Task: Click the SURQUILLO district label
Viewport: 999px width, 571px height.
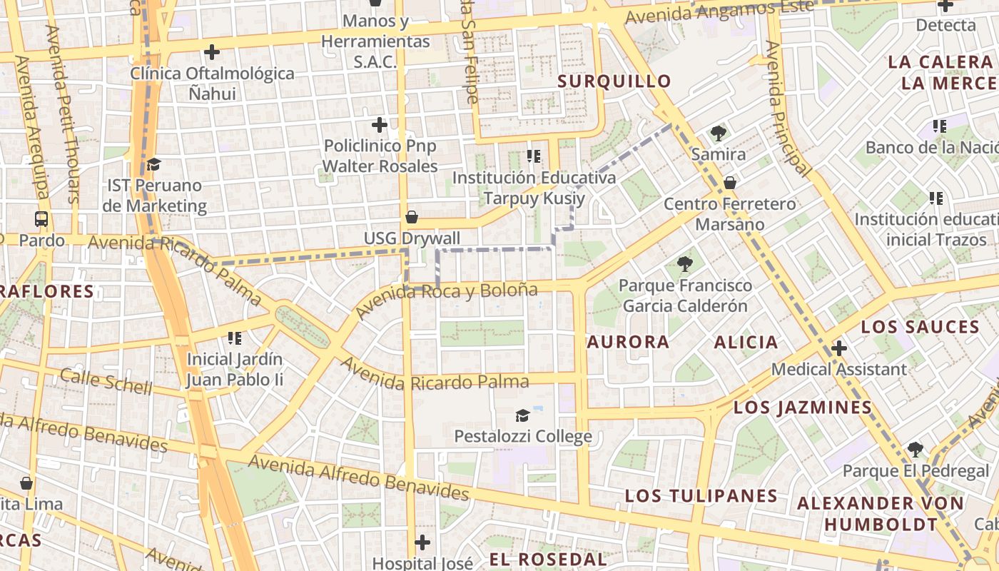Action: [614, 81]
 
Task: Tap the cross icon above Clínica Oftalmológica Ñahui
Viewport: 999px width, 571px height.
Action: [212, 52]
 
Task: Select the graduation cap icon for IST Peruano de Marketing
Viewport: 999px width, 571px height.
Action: [153, 165]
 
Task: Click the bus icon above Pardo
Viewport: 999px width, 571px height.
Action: [41, 219]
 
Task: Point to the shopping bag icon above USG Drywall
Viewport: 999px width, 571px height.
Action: [412, 217]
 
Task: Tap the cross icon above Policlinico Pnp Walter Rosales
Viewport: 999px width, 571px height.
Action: [380, 125]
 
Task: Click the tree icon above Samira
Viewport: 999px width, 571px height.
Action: [719, 133]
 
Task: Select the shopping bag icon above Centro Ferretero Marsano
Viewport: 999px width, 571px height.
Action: [729, 183]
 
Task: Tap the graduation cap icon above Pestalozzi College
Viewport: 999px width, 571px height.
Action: [523, 415]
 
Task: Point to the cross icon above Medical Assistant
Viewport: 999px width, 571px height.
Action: [839, 348]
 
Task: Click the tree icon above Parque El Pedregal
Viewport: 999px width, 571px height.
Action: [916, 450]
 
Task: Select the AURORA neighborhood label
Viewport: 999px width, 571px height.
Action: [628, 342]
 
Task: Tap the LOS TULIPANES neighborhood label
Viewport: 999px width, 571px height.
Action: [701, 496]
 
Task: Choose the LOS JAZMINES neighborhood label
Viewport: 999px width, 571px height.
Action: [803, 408]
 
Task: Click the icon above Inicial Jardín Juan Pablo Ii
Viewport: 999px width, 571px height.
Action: [235, 338]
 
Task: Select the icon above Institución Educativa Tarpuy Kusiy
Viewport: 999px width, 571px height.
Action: [534, 156]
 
